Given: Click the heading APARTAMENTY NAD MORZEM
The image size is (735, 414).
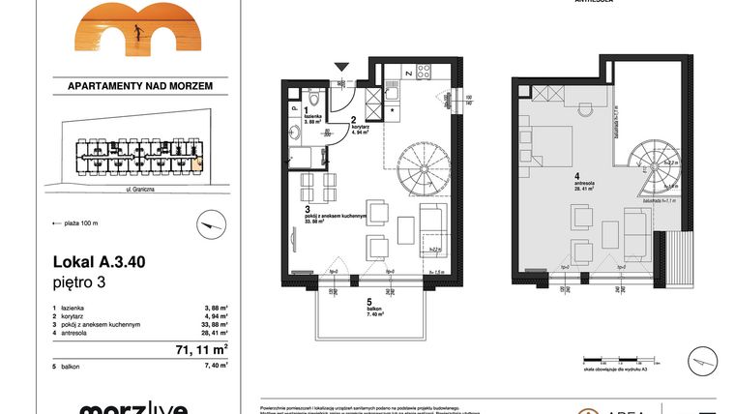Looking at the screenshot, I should click(x=140, y=85).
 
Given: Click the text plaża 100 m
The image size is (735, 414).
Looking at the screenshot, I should click(x=79, y=223).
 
